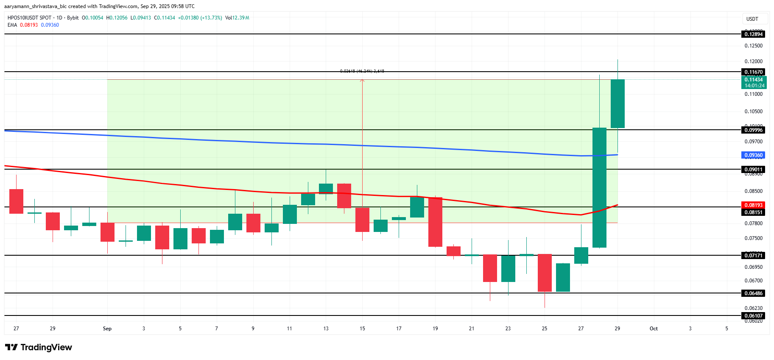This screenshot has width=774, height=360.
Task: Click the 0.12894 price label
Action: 753,34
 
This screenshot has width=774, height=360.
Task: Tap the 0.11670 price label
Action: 753,72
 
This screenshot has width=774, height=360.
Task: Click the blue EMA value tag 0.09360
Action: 753,155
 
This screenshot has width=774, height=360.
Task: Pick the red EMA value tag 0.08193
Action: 753,205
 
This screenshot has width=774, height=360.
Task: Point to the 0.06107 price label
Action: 753,316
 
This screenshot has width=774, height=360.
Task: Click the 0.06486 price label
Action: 753,293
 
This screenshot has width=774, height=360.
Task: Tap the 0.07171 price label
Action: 753,255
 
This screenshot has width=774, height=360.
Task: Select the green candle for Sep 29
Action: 617,103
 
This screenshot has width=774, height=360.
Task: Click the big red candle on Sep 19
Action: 435,222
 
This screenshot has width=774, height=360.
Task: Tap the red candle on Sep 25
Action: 545,273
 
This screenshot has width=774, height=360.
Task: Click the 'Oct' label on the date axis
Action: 654,329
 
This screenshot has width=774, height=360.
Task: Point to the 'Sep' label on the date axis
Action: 107,329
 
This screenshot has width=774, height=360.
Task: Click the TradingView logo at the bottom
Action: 39,347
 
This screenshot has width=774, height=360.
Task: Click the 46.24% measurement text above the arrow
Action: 362,71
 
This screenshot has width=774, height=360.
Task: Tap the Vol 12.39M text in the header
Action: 237,18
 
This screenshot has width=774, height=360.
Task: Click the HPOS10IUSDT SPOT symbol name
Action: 29,18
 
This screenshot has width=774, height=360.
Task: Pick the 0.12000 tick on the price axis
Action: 753,61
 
